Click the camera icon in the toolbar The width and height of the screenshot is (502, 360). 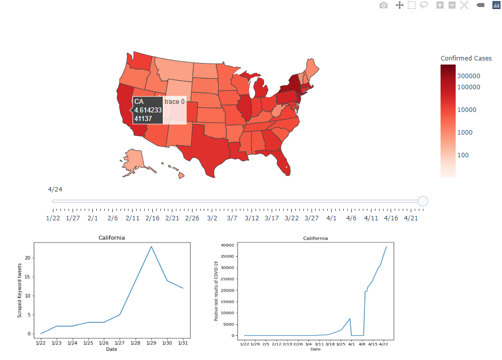coord(384,5)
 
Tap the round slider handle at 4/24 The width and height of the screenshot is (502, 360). coord(423,201)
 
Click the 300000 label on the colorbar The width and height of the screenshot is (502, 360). coord(468,76)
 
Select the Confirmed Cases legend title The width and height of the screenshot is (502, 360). coord(466,58)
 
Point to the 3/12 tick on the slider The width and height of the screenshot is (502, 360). coord(252,218)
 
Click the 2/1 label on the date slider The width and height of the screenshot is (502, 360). coord(93,218)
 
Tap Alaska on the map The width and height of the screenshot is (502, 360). coord(134,160)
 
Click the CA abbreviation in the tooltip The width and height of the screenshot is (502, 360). coord(139,101)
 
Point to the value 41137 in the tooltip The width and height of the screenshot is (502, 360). coord(143,118)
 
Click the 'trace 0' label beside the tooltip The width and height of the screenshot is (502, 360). coord(174,101)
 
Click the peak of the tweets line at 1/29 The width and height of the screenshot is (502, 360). coord(151,247)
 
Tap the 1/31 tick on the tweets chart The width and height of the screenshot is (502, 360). coord(182,343)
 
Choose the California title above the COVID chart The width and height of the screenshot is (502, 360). coord(315,238)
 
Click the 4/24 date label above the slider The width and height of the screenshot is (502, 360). coord(55,190)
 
